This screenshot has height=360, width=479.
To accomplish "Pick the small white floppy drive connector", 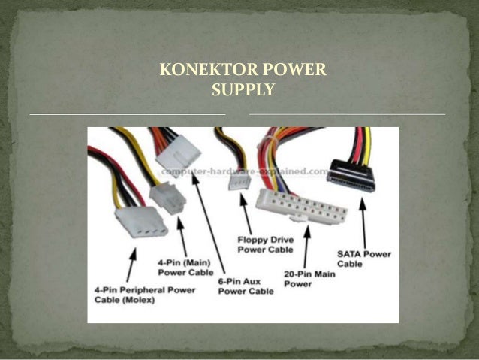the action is pos(240,181).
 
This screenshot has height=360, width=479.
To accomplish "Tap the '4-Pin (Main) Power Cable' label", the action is pos(185,267).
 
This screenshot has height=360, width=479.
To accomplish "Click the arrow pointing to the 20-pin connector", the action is pos(307,244).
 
